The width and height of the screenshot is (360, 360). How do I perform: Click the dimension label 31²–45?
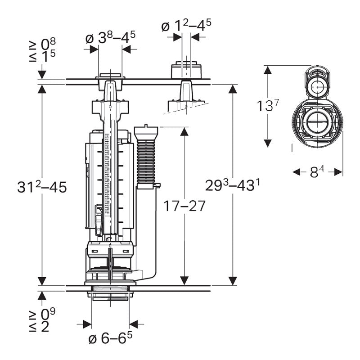pyautogui.click(x=41, y=188)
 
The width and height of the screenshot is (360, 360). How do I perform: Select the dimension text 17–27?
pyautogui.click(x=185, y=206)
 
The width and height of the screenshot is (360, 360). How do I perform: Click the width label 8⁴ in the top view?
pyautogui.click(x=318, y=171)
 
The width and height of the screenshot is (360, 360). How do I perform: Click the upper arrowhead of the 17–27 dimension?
pyautogui.click(x=184, y=131)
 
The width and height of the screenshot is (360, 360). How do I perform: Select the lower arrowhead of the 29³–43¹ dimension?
pyautogui.click(x=233, y=281)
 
